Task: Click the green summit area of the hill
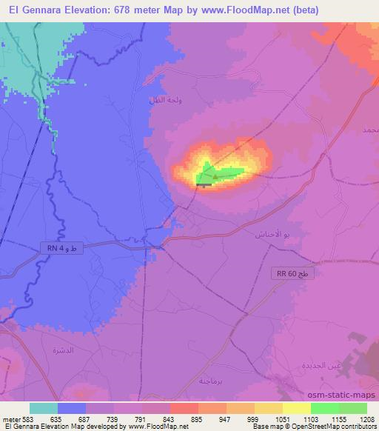[x=222, y=174]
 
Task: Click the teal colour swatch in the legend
[x=44, y=407]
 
